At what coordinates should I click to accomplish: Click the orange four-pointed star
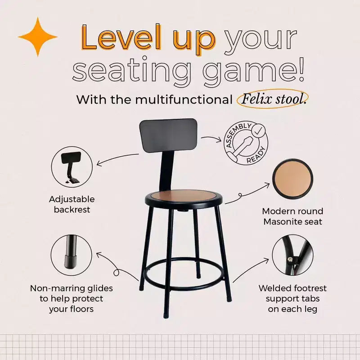point(38,37)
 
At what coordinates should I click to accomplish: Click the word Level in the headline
point(121,37)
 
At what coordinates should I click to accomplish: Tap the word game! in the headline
point(253,70)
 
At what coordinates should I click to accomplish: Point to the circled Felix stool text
point(273,99)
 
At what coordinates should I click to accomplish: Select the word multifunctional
point(184,99)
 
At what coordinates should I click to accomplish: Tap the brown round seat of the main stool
point(184,196)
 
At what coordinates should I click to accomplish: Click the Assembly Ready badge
point(246,143)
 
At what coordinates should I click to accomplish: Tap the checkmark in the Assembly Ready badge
point(258,131)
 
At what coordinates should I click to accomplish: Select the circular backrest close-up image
point(72,167)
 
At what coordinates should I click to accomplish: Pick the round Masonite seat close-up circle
point(292,179)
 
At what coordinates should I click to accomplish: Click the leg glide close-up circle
point(72,255)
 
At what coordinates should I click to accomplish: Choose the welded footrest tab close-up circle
point(292,255)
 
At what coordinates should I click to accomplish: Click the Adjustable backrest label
point(72,204)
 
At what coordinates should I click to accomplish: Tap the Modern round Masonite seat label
point(293,216)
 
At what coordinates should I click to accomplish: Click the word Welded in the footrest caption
point(273,288)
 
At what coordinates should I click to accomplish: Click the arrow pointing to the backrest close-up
point(117,158)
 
